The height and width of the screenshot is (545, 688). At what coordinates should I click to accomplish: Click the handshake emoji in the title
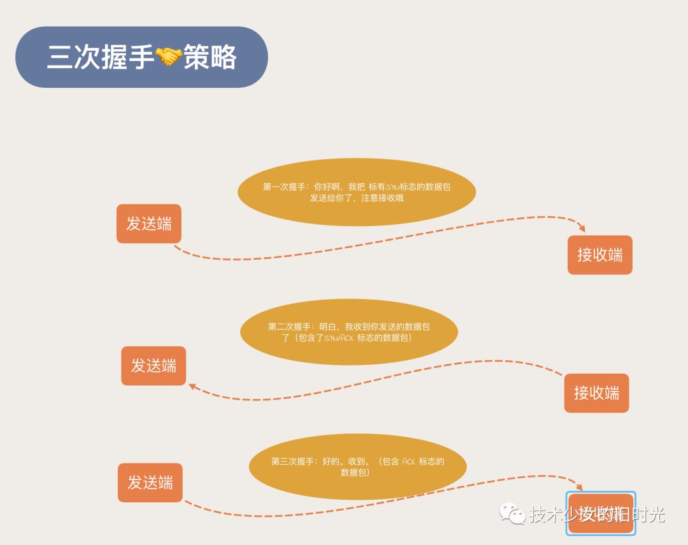pos(169,57)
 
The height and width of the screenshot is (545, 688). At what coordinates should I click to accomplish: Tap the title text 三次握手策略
pos(141,57)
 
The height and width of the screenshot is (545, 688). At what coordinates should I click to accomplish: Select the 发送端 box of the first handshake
pos(148,223)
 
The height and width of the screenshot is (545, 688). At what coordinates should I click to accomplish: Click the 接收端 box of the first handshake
pos(599,255)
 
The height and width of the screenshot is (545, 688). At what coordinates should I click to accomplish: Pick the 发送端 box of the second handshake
pos(154,365)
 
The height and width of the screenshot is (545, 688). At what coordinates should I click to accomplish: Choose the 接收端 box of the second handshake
pos(596,393)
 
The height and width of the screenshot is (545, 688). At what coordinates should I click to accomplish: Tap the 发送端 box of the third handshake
pos(150,483)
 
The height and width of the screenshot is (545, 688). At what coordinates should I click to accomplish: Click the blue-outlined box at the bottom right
pos(601,513)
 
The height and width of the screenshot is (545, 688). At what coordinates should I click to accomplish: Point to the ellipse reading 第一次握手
pos(357,192)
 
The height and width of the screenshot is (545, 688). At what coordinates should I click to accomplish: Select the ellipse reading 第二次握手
pos(349,332)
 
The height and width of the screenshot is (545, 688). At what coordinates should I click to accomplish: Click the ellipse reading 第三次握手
pos(357,467)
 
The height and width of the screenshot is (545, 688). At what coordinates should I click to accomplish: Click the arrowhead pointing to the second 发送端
pos(192,386)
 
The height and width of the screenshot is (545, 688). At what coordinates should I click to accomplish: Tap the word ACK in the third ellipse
pos(409,462)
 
